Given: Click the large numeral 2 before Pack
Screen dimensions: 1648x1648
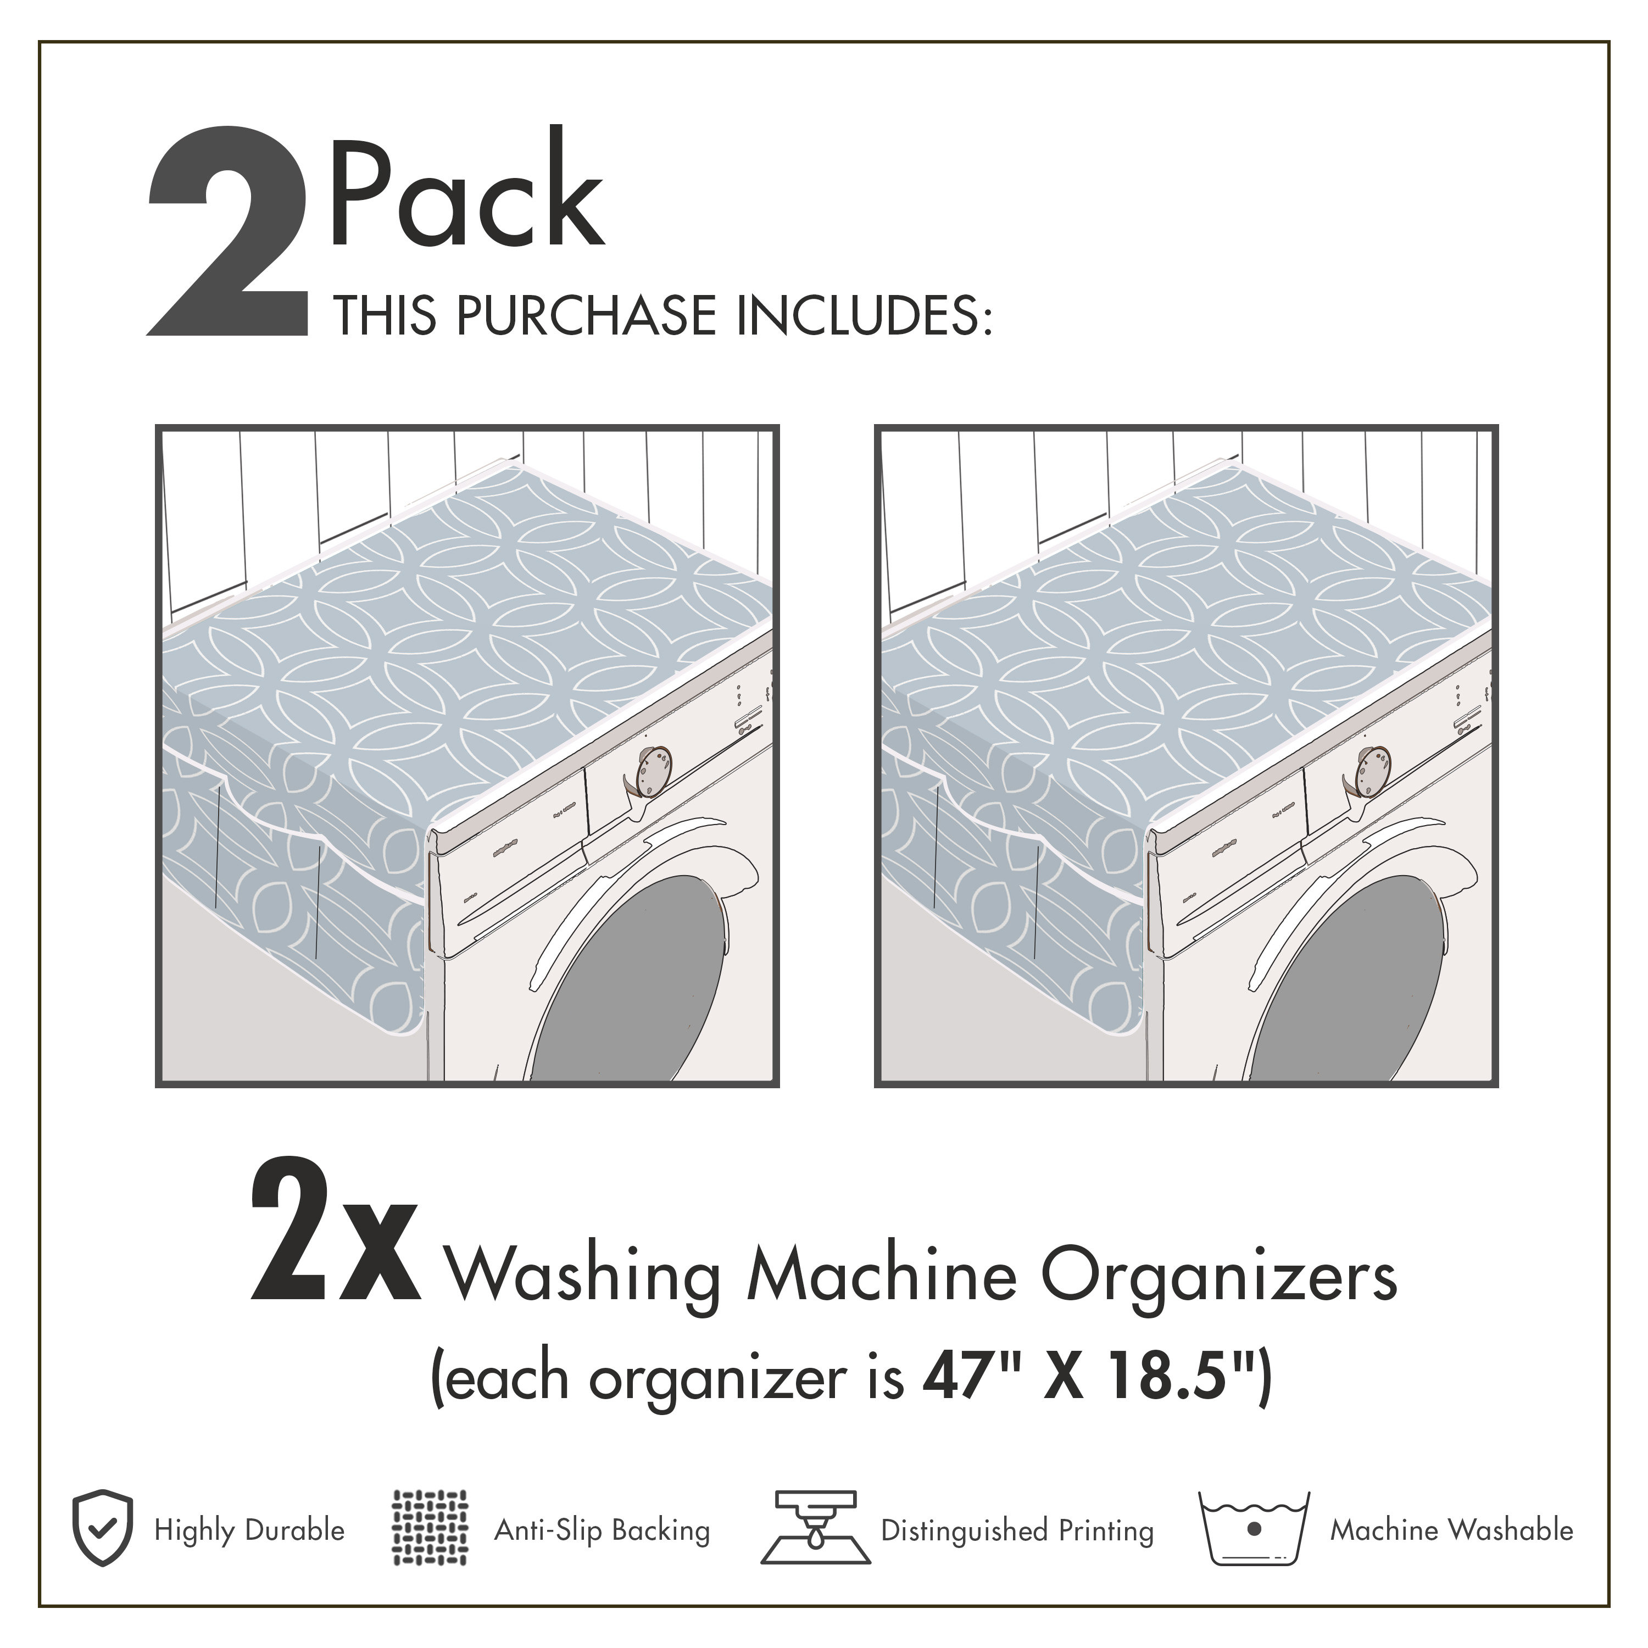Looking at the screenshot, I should [229, 232].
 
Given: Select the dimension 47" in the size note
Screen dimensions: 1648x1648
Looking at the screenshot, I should [970, 1378].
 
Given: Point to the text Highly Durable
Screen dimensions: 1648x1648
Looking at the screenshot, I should [249, 1530].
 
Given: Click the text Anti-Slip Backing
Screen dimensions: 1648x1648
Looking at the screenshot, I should [602, 1530].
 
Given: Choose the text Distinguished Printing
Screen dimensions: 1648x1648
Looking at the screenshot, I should [1017, 1530].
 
